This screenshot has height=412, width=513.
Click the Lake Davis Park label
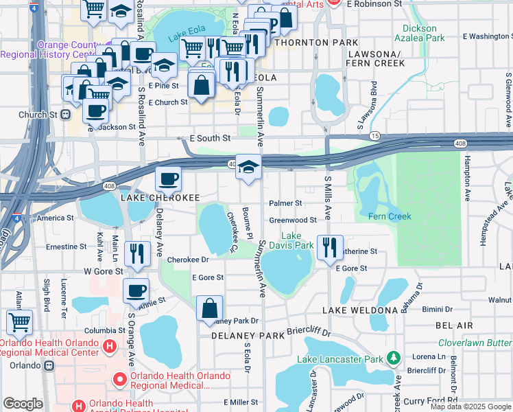pos(296,240)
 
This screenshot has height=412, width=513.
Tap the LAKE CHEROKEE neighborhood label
pos(160,198)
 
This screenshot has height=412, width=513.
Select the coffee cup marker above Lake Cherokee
pos(168,181)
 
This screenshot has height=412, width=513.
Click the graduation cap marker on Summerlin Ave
pos(248,168)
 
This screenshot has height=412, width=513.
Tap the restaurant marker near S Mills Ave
pos(330,248)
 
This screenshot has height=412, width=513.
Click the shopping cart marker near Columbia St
pos(19,321)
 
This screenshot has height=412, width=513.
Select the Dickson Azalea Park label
pos(420,34)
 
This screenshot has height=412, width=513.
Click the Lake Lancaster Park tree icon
pos(393,358)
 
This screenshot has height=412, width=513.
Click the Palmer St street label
pos(285,203)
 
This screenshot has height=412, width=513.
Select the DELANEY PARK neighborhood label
pos(247,336)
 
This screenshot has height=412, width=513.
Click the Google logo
pos(23,404)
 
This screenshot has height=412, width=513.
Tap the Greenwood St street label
pos(292,220)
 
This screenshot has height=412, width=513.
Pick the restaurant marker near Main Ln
pos(139,253)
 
